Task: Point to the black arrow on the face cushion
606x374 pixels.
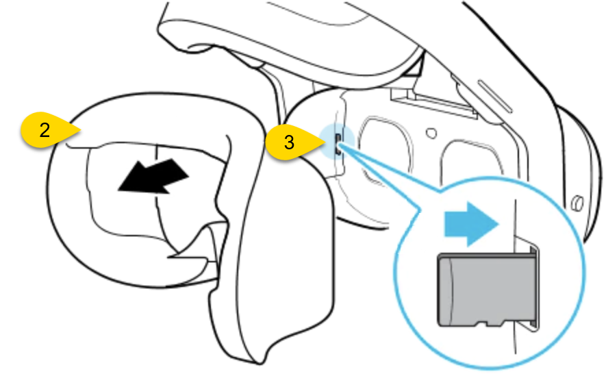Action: (153, 175)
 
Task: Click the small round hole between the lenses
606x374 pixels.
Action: (431, 134)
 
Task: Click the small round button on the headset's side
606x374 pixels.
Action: (577, 203)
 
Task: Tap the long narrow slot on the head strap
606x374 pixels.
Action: (495, 97)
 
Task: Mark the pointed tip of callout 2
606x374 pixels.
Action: (81, 130)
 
